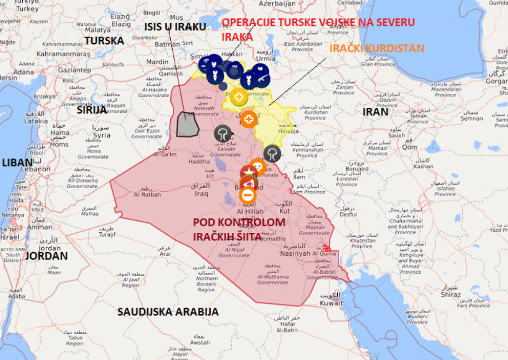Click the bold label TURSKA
coord(104,40)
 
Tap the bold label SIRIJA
coord(92,110)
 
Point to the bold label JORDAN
coord(46,256)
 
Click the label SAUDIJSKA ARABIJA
coord(168,312)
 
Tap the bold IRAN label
coord(375,111)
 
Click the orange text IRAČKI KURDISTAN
coord(377,48)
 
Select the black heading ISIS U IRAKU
coord(175,26)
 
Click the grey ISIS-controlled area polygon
coord(188,124)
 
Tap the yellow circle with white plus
coord(239,96)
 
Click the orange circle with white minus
coord(248,194)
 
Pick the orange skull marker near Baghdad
coord(257,166)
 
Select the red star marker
coord(248,173)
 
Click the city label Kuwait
coord(331,303)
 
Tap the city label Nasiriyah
coord(295,253)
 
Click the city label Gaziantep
coord(74,70)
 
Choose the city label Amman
coord(40,227)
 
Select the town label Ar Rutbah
coord(147,194)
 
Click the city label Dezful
coord(348,215)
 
